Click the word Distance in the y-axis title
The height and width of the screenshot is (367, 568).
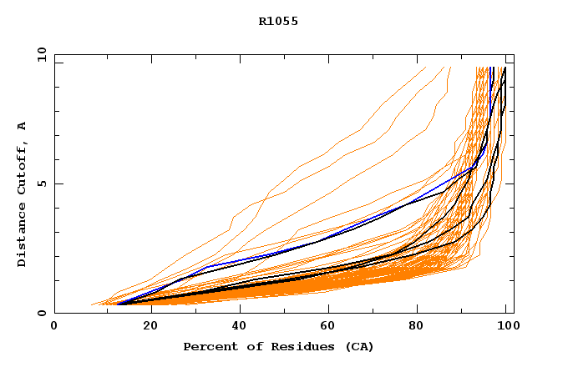23,239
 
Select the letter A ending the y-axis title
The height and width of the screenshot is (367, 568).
23,126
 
